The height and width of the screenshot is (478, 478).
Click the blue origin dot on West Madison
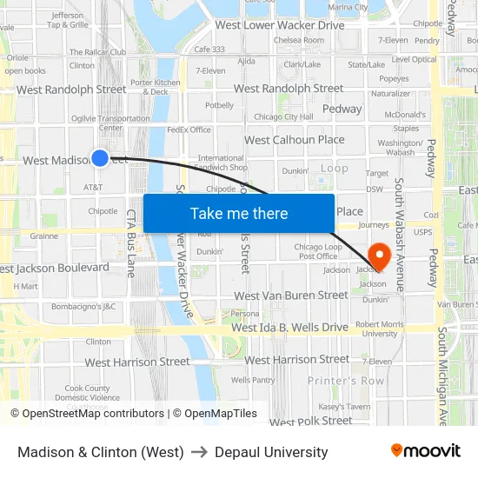(x=100, y=157)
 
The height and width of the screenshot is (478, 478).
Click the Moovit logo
(x=426, y=451)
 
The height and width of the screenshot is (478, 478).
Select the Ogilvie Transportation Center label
(x=110, y=123)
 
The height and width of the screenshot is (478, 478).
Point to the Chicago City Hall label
(x=283, y=116)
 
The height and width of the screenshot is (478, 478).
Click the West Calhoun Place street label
(x=295, y=139)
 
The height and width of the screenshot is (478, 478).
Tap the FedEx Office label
(x=189, y=129)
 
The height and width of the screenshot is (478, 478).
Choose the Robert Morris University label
(x=381, y=329)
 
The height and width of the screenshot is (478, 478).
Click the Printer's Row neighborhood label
(x=346, y=381)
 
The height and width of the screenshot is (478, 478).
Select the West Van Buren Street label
(x=291, y=295)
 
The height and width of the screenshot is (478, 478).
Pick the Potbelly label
(x=219, y=105)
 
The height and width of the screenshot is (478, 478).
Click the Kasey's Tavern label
(x=344, y=407)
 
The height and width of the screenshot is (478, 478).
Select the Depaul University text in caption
(x=271, y=452)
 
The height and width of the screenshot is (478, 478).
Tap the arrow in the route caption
(x=199, y=452)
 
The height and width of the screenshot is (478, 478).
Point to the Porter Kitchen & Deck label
(x=156, y=87)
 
